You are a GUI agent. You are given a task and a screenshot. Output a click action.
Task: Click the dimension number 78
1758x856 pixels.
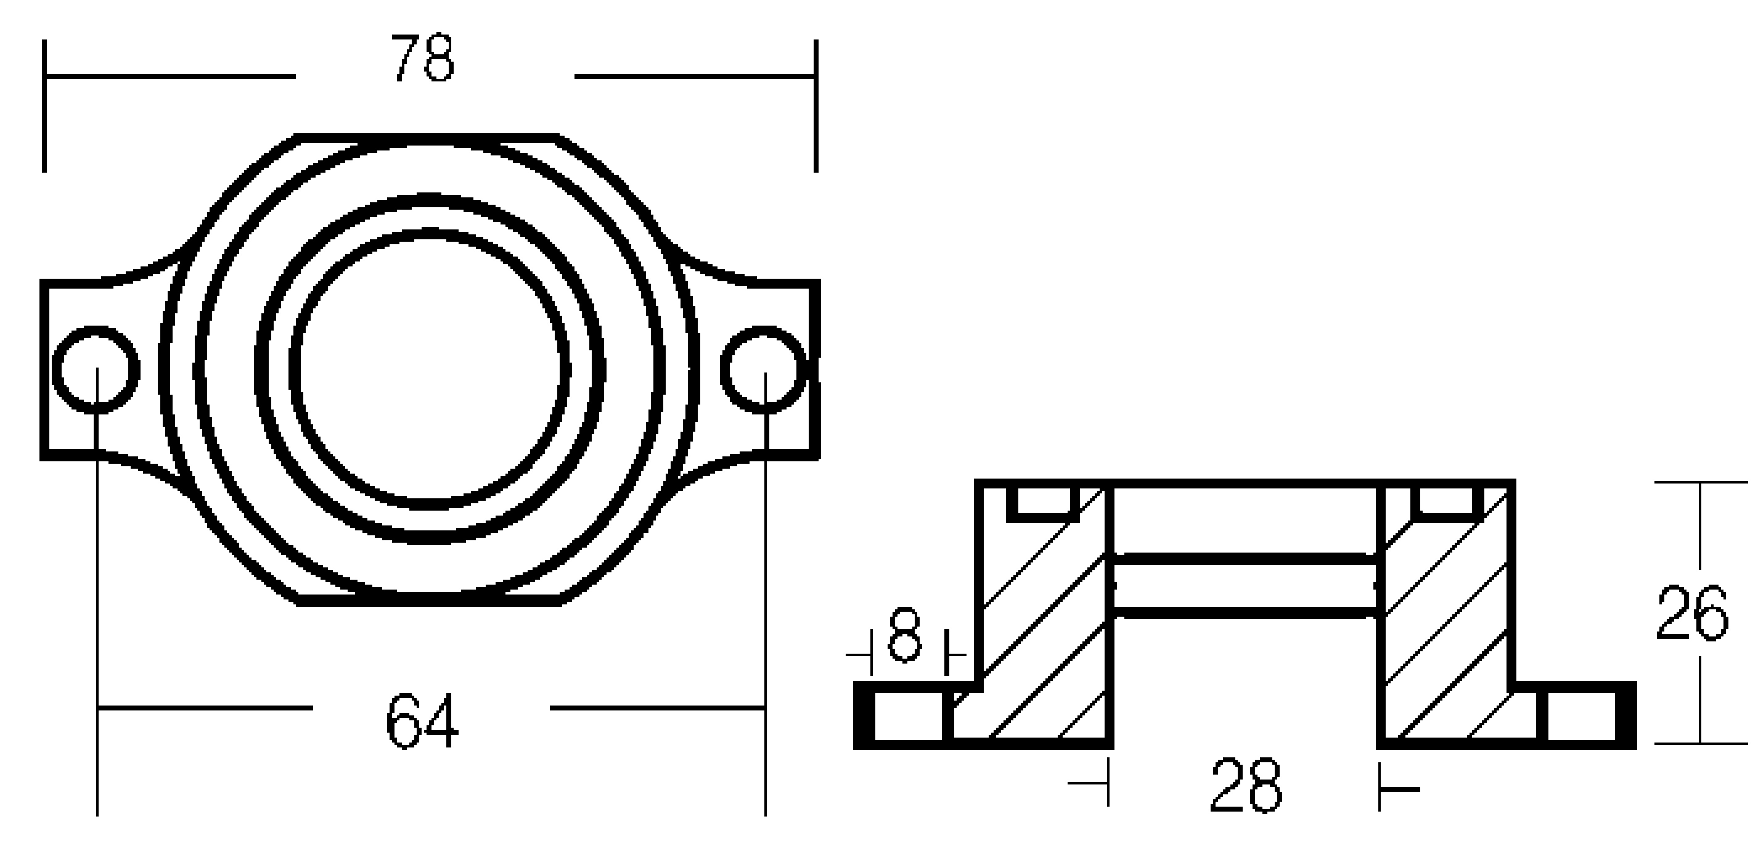(x=422, y=58)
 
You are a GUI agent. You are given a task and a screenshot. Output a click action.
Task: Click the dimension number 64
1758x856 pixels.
(x=422, y=721)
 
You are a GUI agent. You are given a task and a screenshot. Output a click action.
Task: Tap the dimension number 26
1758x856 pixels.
(x=1692, y=613)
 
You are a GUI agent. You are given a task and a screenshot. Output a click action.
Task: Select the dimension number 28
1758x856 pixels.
(x=1246, y=785)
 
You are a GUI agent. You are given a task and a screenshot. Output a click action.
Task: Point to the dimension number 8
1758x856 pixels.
(x=904, y=636)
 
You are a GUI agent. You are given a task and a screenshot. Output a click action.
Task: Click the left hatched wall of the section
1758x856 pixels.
(x=1044, y=614)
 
